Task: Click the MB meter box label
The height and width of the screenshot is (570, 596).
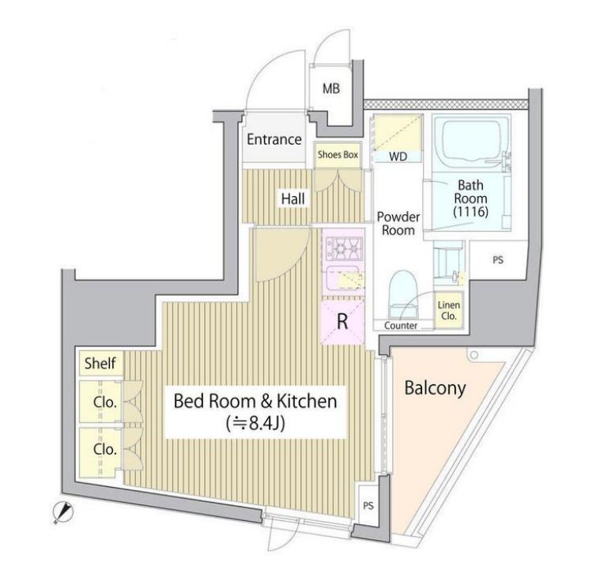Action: click(x=331, y=89)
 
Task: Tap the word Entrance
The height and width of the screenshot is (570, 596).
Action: click(x=274, y=139)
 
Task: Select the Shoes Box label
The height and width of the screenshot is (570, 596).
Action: click(x=338, y=154)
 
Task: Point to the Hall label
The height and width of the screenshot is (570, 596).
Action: click(x=292, y=198)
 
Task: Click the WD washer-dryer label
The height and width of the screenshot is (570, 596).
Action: click(x=398, y=157)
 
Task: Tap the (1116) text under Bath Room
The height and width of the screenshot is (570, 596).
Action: click(x=470, y=211)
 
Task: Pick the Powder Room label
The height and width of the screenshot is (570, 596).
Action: click(x=398, y=223)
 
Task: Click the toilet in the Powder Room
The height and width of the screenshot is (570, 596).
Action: click(x=403, y=293)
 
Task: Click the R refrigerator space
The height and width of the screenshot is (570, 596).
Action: click(x=342, y=321)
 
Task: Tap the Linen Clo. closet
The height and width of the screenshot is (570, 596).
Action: click(x=449, y=310)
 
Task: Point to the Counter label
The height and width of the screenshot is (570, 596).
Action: click(x=401, y=326)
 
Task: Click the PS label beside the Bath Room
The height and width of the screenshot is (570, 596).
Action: click(x=498, y=260)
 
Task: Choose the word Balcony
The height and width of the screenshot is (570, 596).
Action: click(x=435, y=388)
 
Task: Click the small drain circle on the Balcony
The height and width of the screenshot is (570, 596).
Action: click(x=473, y=355)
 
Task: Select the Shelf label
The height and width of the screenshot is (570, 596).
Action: click(x=100, y=363)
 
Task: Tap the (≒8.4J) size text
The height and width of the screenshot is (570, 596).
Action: click(x=255, y=423)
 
